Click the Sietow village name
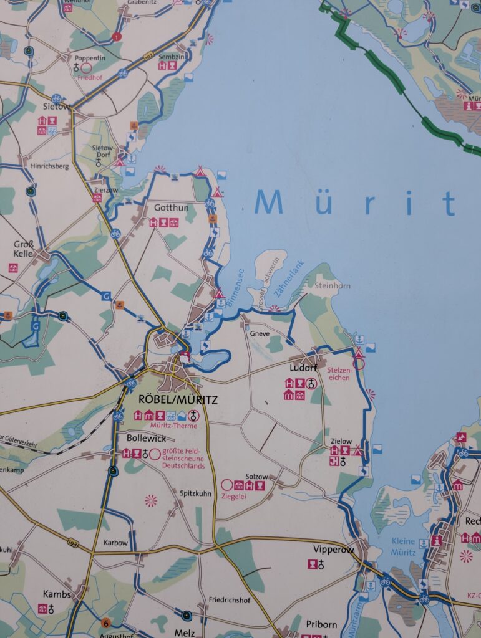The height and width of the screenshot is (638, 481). click(55, 107)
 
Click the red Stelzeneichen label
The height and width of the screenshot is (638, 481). click(340, 374)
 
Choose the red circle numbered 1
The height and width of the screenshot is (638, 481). click(117, 37)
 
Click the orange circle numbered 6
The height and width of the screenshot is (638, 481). click(106, 622)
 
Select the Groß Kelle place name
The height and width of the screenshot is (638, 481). click(24, 249)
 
